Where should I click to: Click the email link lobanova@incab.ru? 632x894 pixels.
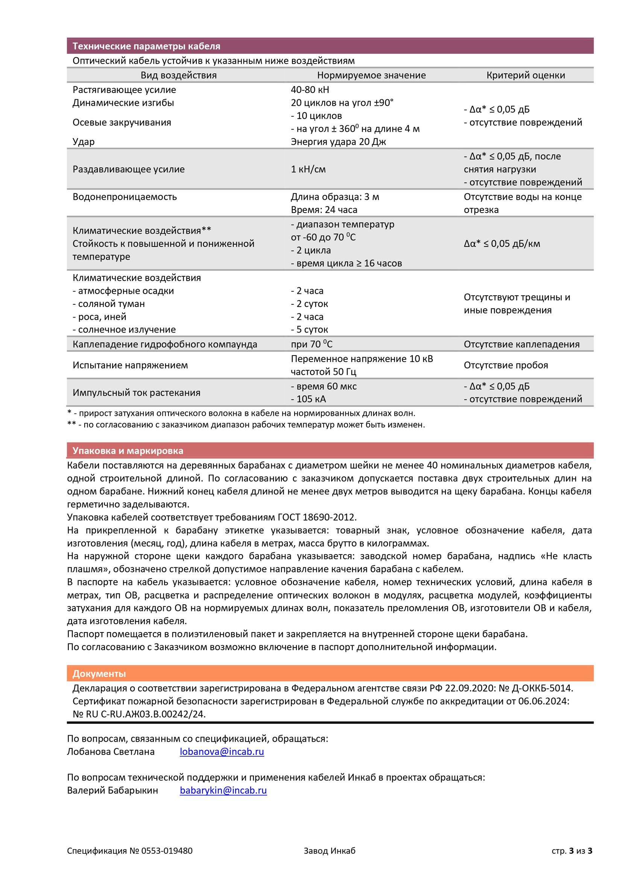point(222,751)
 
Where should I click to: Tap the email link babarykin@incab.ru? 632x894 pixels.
point(223,790)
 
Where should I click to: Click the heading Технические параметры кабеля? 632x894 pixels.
point(146,46)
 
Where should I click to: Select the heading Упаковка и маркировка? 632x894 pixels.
point(128,450)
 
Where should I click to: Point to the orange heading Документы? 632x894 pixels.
point(99,673)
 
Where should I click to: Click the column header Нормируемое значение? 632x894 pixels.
point(371,75)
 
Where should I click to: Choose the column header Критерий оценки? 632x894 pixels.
point(525,75)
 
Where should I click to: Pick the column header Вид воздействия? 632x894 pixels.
point(178,75)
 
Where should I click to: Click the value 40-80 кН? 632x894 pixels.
point(310,90)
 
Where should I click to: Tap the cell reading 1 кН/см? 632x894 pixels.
point(308,169)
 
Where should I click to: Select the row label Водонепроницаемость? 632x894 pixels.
point(125,197)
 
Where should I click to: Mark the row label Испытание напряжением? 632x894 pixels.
point(130,365)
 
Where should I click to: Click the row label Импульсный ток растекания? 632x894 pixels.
point(136,392)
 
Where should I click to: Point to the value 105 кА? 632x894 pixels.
point(311,399)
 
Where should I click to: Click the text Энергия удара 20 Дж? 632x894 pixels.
point(338,142)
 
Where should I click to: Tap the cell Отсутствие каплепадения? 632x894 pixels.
point(521,344)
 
